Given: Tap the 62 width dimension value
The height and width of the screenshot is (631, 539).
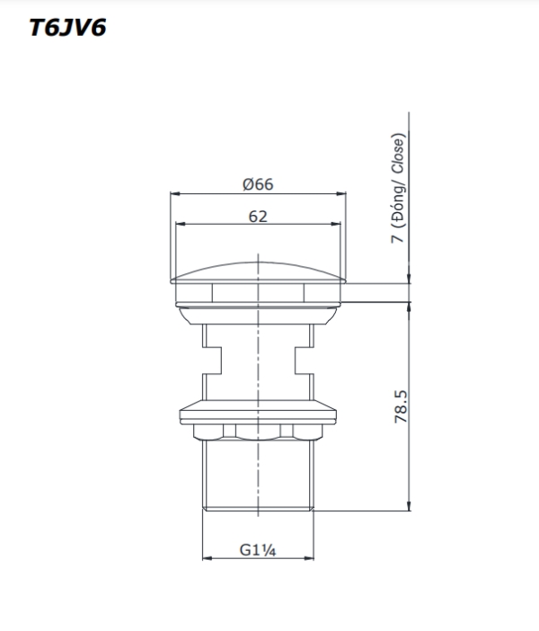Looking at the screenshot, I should (x=258, y=216).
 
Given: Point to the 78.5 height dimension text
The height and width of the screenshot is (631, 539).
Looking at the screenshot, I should (x=401, y=406).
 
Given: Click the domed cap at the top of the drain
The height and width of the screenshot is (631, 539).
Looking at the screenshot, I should (x=259, y=271).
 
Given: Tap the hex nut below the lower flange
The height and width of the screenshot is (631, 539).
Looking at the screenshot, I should (x=259, y=433).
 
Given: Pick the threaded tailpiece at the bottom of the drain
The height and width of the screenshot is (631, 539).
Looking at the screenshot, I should (x=259, y=476).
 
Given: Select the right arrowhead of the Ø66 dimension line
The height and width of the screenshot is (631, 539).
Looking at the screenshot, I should (x=343, y=193).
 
